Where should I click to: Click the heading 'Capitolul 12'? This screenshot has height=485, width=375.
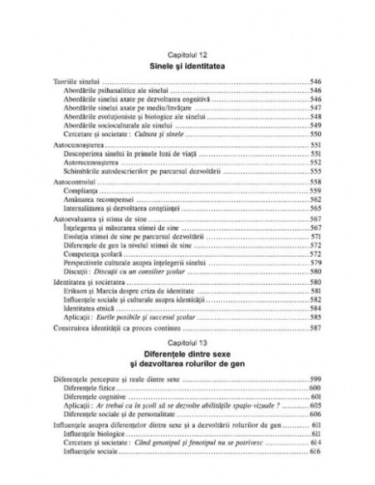pos(187,54)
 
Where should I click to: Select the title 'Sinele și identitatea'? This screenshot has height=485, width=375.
pos(187,65)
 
